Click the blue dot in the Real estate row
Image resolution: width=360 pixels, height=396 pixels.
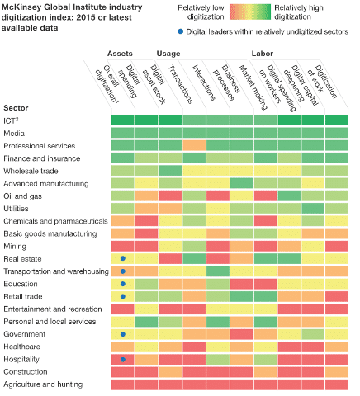[123, 258]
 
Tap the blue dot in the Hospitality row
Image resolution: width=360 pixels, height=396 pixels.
[123, 359]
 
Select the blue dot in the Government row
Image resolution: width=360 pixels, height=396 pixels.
[123, 334]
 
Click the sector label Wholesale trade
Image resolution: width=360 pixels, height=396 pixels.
[31, 171]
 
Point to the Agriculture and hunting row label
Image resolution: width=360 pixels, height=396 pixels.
[43, 384]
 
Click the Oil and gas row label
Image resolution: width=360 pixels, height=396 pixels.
[22, 196]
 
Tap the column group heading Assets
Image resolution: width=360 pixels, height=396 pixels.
[120, 54]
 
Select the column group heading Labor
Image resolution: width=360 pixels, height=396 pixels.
[263, 54]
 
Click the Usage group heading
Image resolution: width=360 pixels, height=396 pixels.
[168, 54]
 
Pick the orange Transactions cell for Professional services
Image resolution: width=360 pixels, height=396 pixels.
[194, 145]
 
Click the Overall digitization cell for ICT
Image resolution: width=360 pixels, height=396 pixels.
[123, 120]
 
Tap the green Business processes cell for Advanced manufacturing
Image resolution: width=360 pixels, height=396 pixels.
[241, 183]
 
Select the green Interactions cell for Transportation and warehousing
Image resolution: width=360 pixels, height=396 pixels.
[218, 271]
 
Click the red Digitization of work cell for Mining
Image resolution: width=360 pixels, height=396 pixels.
[337, 246]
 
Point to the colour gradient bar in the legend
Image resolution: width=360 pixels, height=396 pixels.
[250, 12]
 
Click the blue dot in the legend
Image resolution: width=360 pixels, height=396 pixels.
[181, 31]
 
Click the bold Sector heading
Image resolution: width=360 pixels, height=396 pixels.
[16, 108]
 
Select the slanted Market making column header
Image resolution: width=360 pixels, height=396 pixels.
[253, 87]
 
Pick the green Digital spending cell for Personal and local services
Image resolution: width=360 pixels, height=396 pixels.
[146, 322]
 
